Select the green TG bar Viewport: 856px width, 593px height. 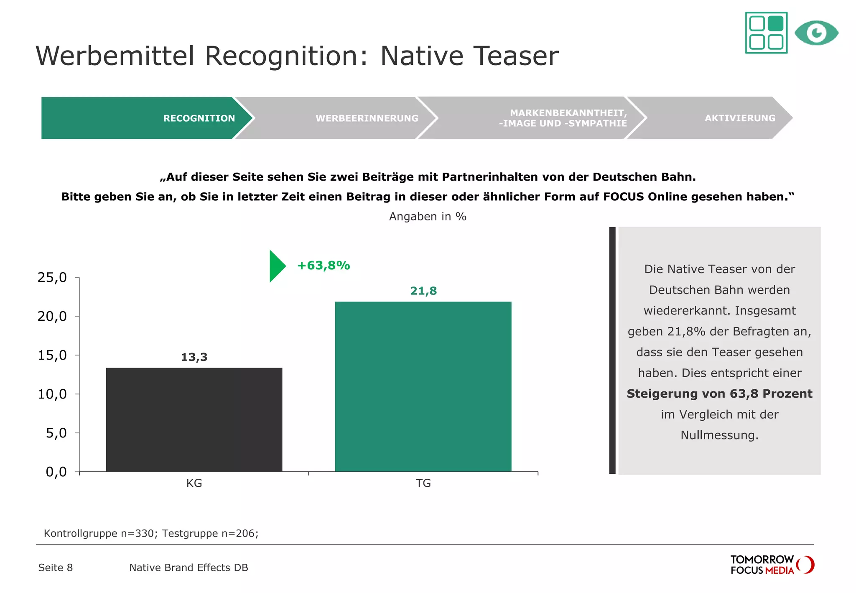(423, 386)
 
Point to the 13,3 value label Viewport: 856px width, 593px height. (194, 357)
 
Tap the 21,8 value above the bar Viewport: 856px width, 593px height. (423, 291)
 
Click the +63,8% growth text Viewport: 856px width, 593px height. (324, 266)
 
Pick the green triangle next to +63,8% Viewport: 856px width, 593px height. (276, 266)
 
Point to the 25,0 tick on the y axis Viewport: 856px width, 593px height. (52, 277)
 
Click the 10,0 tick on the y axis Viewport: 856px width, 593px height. (52, 394)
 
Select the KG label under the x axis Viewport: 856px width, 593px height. (194, 483)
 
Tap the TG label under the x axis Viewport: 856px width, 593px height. (423, 483)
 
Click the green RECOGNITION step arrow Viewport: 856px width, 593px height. (142, 118)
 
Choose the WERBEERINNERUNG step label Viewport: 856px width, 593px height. (367, 118)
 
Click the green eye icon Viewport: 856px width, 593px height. (816, 33)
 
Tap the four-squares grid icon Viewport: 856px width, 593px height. (766, 33)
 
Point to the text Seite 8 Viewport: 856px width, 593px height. (56, 567)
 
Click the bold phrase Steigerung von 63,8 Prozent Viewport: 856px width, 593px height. (719, 394)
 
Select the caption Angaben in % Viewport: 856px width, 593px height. (428, 216)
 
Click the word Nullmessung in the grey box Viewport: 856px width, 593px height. (719, 435)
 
